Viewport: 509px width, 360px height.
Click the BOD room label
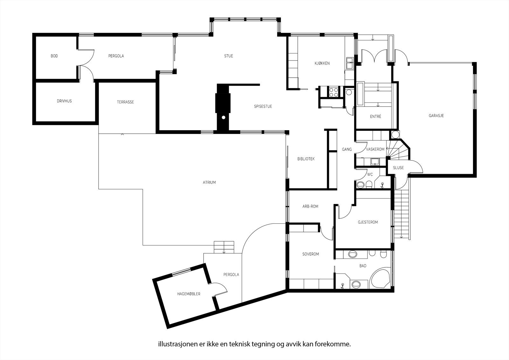click(54, 56)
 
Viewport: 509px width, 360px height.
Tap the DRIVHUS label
click(64, 101)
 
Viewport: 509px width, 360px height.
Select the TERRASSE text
click(125, 102)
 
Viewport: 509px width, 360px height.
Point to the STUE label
click(229, 56)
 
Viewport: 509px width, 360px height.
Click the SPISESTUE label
click(263, 106)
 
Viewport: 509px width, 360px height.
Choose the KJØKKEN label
click(322, 63)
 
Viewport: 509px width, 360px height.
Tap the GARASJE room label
click(436, 116)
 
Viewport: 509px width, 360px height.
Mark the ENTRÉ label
click(375, 116)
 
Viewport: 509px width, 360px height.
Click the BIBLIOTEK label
click(306, 159)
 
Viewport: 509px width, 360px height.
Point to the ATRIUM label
click(209, 182)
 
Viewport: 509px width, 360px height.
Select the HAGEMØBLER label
click(189, 294)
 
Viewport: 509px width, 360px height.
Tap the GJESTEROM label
click(368, 222)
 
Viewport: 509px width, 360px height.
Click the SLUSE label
click(398, 168)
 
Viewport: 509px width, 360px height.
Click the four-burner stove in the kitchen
click(334, 92)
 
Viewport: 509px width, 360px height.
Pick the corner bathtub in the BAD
click(380, 278)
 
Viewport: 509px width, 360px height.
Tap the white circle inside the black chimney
click(224, 117)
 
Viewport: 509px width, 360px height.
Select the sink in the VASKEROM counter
click(375, 162)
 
